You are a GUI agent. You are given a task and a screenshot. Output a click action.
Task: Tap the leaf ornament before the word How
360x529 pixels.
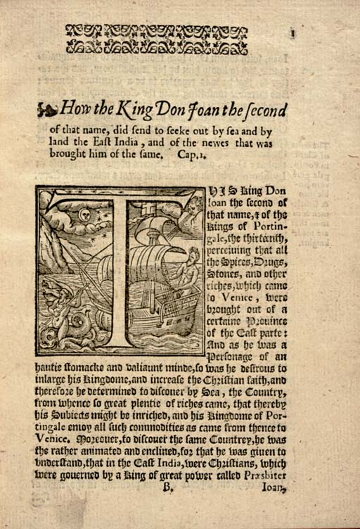pyautogui.click(x=46, y=109)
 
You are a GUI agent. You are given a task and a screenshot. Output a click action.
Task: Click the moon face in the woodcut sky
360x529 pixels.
pyautogui.click(x=85, y=214)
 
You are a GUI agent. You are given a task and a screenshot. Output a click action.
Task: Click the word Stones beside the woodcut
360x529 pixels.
pyautogui.click(x=224, y=267)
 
